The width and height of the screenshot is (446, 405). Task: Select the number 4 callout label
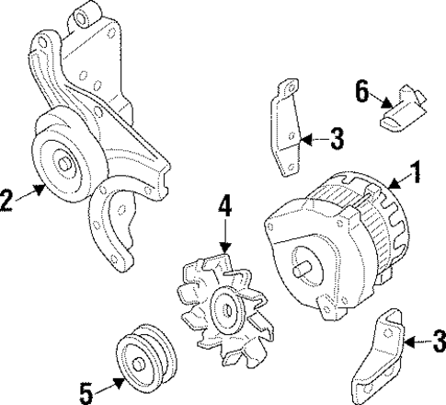click(x=223, y=208)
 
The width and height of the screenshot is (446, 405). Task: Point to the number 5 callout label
click(x=86, y=394)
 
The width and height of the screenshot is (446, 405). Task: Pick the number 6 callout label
click(x=361, y=91)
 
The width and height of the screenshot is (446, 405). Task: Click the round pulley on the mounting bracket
click(x=64, y=166)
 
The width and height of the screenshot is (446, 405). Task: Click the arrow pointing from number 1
click(x=397, y=180)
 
